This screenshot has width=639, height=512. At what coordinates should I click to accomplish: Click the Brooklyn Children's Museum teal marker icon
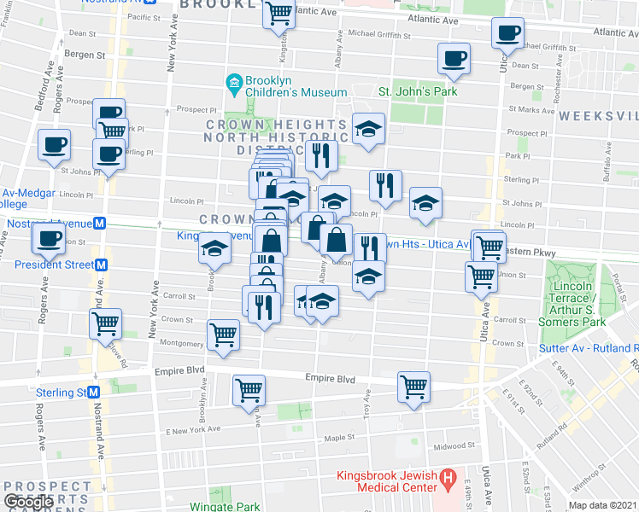point(232,83)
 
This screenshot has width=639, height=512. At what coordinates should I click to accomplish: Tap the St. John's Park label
point(418,91)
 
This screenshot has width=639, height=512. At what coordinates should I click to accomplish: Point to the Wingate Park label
point(225,506)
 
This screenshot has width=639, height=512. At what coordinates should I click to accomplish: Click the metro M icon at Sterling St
point(93,393)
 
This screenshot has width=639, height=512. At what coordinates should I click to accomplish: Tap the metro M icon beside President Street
point(100,265)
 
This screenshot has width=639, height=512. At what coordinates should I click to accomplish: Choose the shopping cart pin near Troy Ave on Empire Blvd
point(413,386)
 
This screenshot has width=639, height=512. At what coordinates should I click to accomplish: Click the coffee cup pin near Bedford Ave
point(55,146)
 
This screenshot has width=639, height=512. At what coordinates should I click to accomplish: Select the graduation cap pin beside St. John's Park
point(368,129)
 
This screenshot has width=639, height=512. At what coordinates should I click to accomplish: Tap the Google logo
point(28,502)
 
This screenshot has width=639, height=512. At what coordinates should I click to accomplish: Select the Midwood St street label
point(454,445)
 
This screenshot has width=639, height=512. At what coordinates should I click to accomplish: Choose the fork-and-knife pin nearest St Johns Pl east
point(385,186)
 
